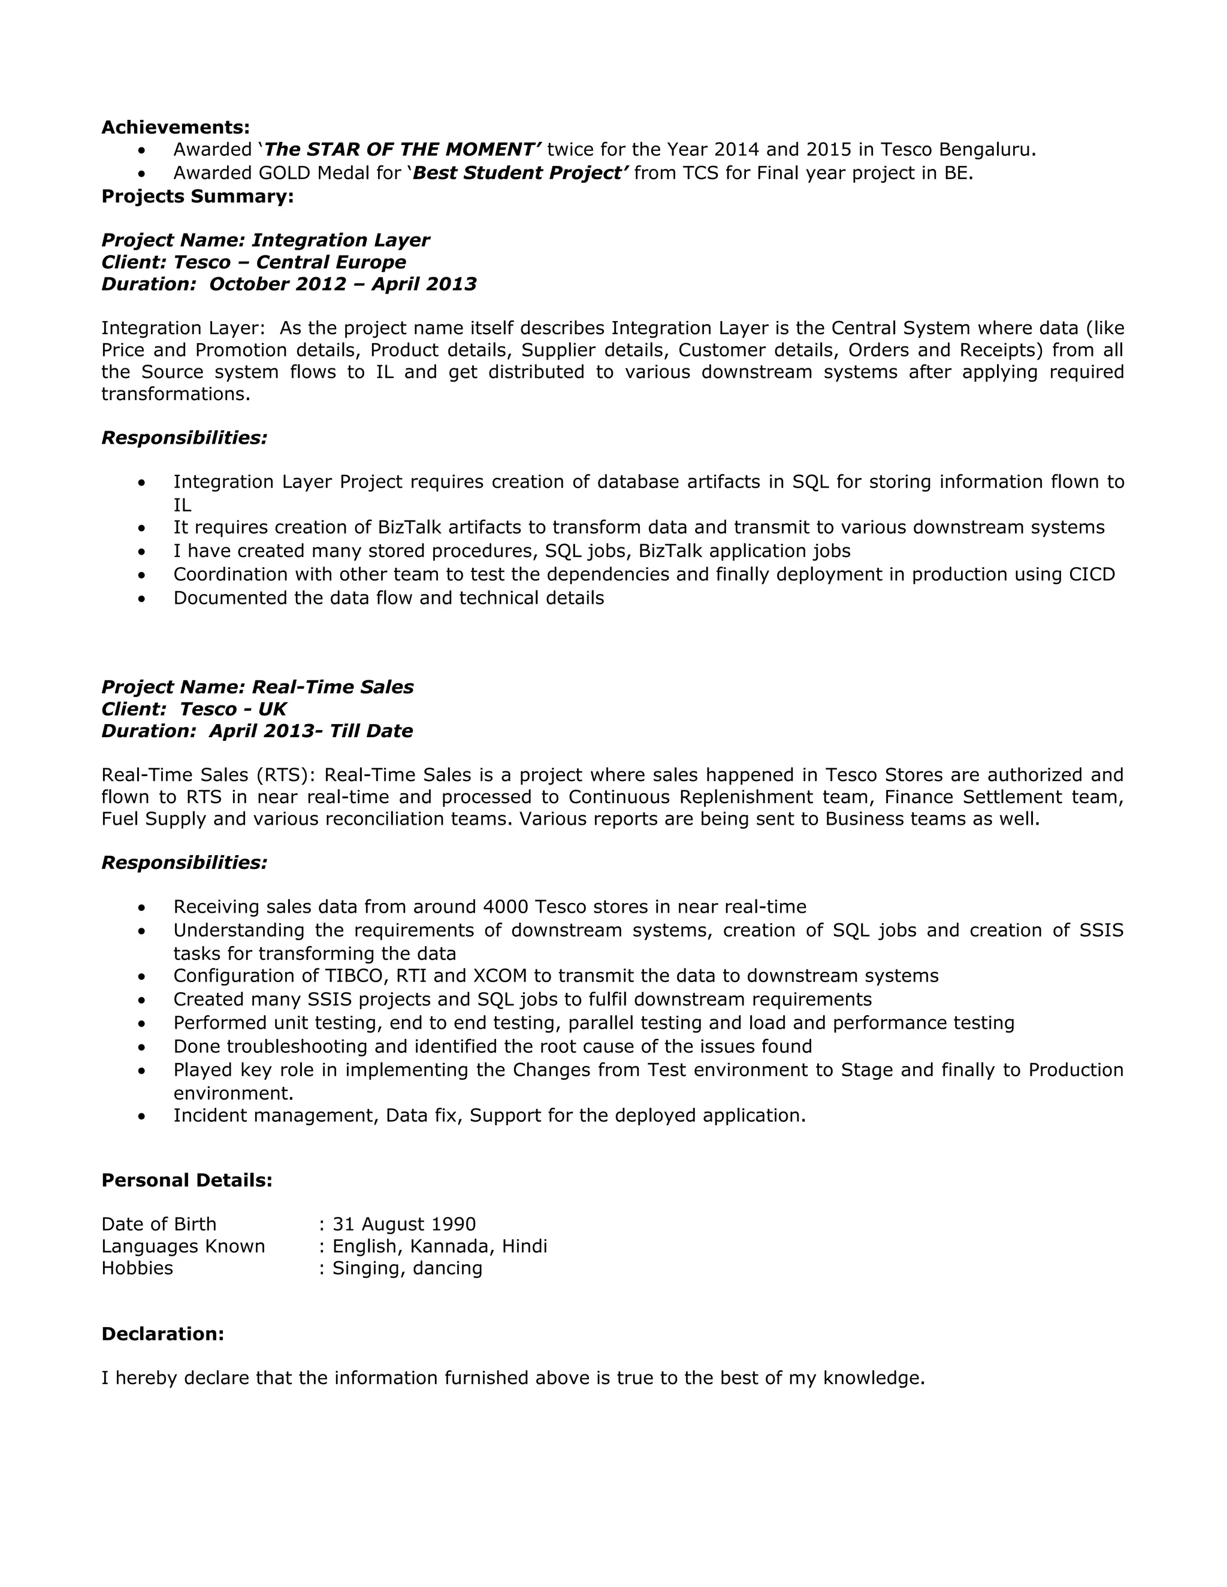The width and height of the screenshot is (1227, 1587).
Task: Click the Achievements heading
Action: [x=175, y=127]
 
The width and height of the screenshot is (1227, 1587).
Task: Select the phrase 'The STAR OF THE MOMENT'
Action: [x=402, y=150]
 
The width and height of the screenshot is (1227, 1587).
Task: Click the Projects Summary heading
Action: [x=198, y=196]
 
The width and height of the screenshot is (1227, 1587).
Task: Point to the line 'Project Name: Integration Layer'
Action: [x=265, y=240]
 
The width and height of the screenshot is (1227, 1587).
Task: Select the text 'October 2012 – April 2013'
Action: [x=342, y=284]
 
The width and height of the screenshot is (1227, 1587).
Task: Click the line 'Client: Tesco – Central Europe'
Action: [x=253, y=262]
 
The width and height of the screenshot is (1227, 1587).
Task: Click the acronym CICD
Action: [x=1092, y=574]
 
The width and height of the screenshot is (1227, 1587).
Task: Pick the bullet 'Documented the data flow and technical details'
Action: [x=388, y=598]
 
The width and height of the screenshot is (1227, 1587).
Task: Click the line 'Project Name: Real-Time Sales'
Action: [x=257, y=687]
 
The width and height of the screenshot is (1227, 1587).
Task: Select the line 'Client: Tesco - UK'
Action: [x=194, y=708]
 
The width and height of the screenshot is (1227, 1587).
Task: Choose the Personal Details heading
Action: [x=187, y=1180]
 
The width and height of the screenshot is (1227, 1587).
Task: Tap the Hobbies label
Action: [x=137, y=1268]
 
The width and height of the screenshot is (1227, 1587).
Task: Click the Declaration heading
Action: [x=163, y=1334]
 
